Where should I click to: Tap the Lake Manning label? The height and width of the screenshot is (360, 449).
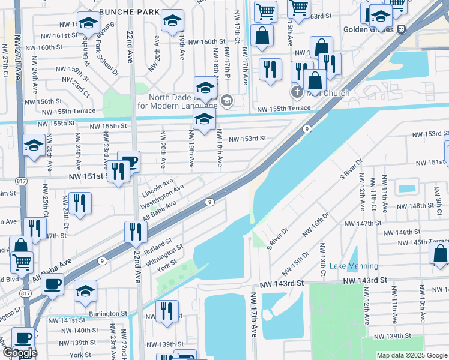coord(354,266)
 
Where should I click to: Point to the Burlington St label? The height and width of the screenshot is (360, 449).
coord(106,313)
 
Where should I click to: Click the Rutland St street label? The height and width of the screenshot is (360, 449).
coord(158,243)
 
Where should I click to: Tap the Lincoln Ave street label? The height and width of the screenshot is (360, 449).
coord(158,188)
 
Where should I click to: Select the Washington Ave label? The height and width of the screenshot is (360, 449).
coord(162,197)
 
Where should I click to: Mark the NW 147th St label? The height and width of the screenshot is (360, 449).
coord(363,223)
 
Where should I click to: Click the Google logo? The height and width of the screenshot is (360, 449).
coord(20,353)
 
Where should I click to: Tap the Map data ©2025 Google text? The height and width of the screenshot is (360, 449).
coord(411,355)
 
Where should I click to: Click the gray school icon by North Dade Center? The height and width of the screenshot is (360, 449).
coord(226,100)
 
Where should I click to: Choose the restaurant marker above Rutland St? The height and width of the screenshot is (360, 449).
coord(136,232)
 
